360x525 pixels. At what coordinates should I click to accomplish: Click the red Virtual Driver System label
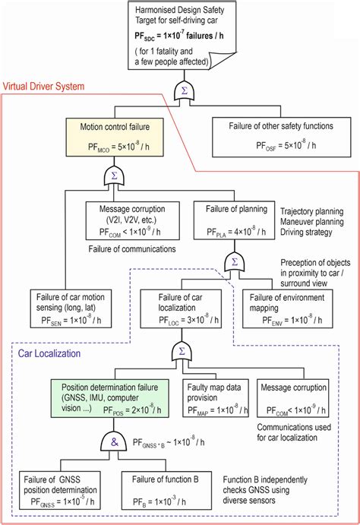[x=45, y=86]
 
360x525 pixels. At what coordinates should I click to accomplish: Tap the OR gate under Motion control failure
[x=114, y=176]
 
